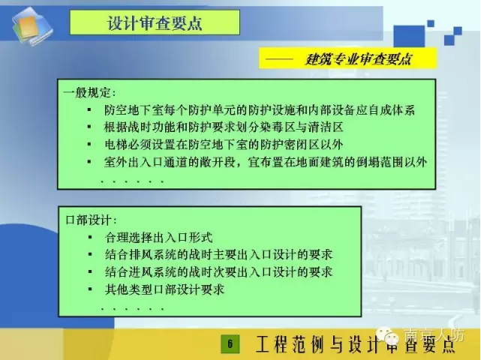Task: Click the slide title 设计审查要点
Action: point(155,23)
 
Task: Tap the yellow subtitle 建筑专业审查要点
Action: point(358,58)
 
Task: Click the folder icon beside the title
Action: point(32,27)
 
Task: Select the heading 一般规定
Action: point(90,92)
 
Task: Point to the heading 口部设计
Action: point(91,220)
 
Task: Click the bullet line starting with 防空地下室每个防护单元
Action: point(260,110)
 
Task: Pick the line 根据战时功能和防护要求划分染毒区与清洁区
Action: point(224,127)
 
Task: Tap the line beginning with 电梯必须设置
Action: point(224,145)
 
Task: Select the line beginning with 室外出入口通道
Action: point(266,162)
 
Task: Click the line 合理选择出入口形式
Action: point(158,237)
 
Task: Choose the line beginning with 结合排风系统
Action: point(218,254)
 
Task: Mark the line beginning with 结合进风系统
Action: point(218,272)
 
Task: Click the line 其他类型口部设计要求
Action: point(165,289)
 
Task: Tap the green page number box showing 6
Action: point(230,344)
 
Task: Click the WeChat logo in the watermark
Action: point(388,335)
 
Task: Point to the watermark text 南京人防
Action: point(434,335)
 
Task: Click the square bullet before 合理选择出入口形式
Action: point(90,237)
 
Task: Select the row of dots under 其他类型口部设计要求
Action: point(132,309)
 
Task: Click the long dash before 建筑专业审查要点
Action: point(279,59)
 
